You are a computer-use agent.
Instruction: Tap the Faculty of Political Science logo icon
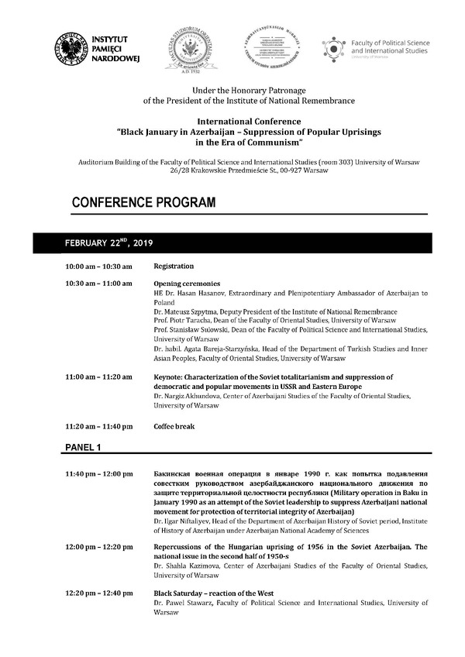click(333, 48)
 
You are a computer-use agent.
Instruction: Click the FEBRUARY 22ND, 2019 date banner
click(108, 243)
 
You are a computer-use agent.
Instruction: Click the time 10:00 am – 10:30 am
click(98, 267)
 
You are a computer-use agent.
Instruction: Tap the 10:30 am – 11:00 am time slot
click(98, 284)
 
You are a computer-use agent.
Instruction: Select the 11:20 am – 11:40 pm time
click(98, 426)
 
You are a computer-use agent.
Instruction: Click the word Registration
click(174, 267)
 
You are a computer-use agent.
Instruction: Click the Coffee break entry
click(174, 426)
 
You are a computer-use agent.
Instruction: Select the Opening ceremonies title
click(187, 284)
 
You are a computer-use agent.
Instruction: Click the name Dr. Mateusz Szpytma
click(188, 311)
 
